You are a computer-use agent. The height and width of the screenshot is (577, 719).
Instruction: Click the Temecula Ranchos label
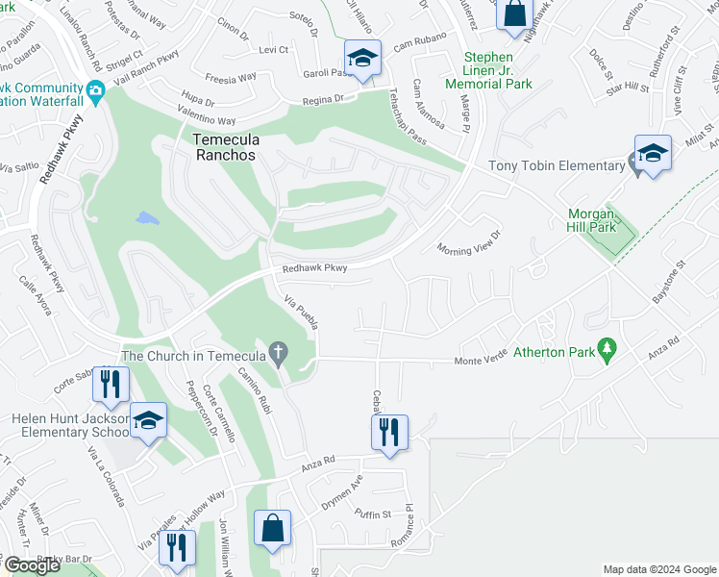pyautogui.click(x=226, y=147)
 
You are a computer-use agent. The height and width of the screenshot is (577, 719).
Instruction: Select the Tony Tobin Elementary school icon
pyautogui.click(x=653, y=154)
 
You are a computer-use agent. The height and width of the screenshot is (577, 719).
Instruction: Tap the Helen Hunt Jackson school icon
pyautogui.click(x=148, y=421)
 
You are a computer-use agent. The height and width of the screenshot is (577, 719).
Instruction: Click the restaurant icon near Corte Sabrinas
pyautogui.click(x=111, y=384)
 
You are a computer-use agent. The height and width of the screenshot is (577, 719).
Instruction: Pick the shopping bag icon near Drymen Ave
pyautogui.click(x=273, y=527)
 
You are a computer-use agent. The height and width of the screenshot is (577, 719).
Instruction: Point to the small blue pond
pyautogui.click(x=147, y=217)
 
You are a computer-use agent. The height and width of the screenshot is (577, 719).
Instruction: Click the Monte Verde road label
pyautogui.click(x=480, y=361)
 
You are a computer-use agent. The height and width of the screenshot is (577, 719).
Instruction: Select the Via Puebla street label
pyautogui.click(x=302, y=314)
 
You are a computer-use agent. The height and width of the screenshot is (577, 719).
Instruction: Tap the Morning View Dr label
pyautogui.click(x=470, y=241)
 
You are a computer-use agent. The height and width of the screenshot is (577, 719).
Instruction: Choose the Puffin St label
pyautogui.click(x=373, y=514)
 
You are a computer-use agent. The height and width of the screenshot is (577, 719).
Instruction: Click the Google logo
pyautogui.click(x=33, y=565)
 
